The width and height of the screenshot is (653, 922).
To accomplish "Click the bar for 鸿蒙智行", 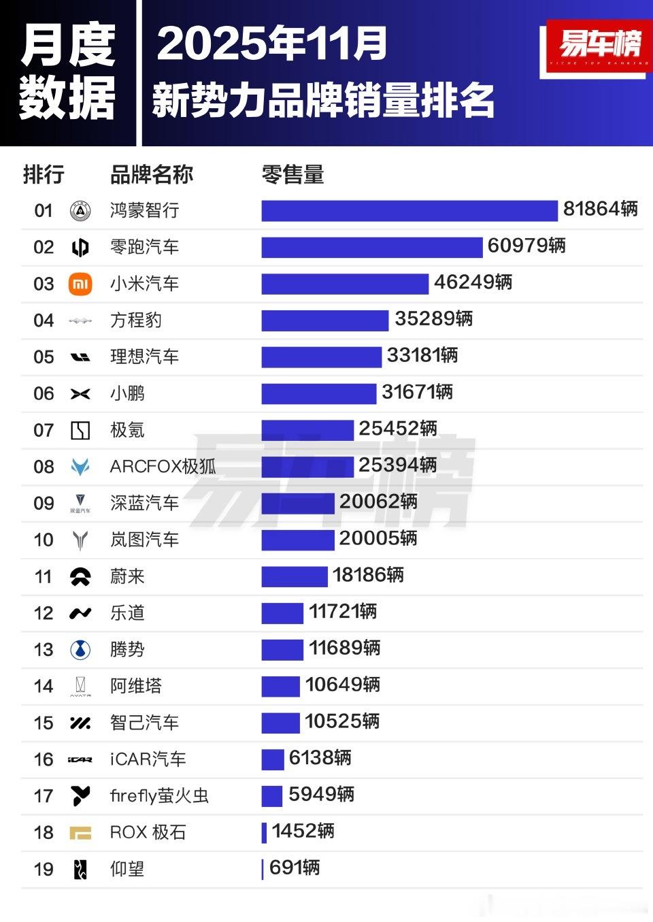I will pyautogui.click(x=409, y=211).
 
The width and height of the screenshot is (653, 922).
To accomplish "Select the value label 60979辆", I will pyautogui.click(x=526, y=246).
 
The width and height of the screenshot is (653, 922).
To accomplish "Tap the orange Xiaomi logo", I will pyautogui.click(x=80, y=284).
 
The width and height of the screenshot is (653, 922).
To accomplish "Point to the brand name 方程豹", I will pyautogui.click(x=136, y=320).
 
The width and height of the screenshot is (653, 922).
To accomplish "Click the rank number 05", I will pyautogui.click(x=44, y=357).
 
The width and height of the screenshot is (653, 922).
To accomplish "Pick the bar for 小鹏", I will pyautogui.click(x=318, y=393).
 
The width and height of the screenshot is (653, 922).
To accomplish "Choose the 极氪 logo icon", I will pyautogui.click(x=80, y=430).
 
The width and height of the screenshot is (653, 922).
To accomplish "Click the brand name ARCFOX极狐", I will pyautogui.click(x=163, y=467).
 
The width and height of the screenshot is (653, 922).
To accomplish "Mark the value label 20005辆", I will pyautogui.click(x=378, y=538).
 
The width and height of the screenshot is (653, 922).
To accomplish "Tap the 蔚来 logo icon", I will pyautogui.click(x=80, y=577).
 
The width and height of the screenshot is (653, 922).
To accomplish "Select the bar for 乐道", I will pyautogui.click(x=282, y=613).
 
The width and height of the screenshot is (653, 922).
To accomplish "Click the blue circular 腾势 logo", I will pyautogui.click(x=80, y=650).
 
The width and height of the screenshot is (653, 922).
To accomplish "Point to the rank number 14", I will pyautogui.click(x=44, y=687).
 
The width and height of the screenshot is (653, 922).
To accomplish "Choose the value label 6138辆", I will pyautogui.click(x=320, y=758).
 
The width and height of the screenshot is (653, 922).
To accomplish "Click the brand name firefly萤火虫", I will pyautogui.click(x=159, y=795).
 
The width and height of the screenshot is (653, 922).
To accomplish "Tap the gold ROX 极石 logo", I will pyautogui.click(x=80, y=832).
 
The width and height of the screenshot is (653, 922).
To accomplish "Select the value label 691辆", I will pyautogui.click(x=295, y=868).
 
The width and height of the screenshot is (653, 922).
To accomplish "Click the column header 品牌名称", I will pyautogui.click(x=152, y=175).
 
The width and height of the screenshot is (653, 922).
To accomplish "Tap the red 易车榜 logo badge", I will pyautogui.click(x=597, y=46).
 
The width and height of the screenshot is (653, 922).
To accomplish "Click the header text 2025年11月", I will pyautogui.click(x=272, y=44).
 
